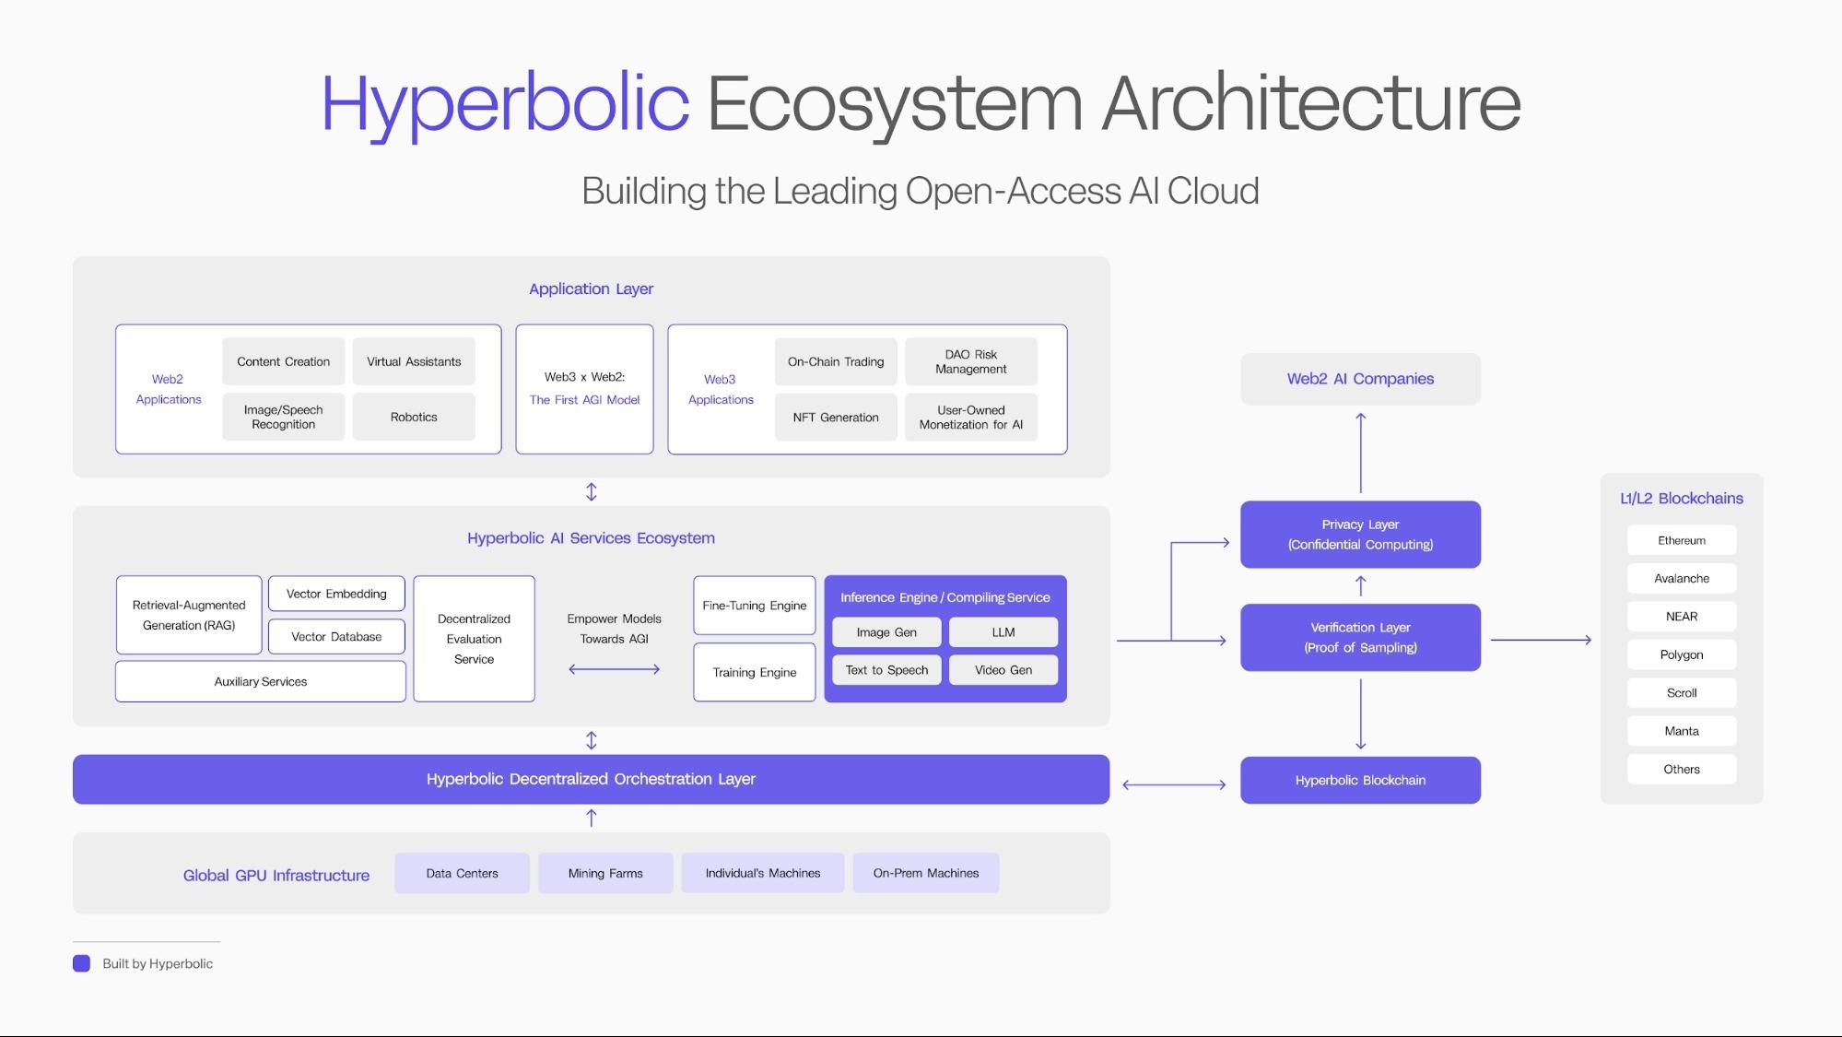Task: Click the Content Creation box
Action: [x=283, y=361]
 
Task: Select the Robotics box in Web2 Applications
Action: [x=414, y=417]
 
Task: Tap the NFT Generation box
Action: [x=836, y=417]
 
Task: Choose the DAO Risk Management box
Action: [x=971, y=361]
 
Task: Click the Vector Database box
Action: [x=336, y=636]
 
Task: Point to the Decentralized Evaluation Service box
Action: [x=474, y=639]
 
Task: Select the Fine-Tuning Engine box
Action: [x=755, y=606]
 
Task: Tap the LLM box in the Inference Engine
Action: [x=1003, y=632]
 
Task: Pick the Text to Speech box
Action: [x=886, y=670]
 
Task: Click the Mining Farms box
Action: [x=605, y=873]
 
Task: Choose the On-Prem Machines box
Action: [x=926, y=873]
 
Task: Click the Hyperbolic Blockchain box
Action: [x=1360, y=780]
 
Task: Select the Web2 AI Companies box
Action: [x=1360, y=379]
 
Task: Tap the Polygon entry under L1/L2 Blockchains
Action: [x=1682, y=654]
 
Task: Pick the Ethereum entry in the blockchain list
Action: [x=1682, y=540]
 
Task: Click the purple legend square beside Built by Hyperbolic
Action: [x=82, y=963]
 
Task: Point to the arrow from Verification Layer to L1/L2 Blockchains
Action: [x=1541, y=640]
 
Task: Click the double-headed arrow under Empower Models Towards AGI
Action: [x=615, y=669]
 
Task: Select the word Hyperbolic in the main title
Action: [x=505, y=104]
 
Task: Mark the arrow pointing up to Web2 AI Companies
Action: [x=1360, y=453]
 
